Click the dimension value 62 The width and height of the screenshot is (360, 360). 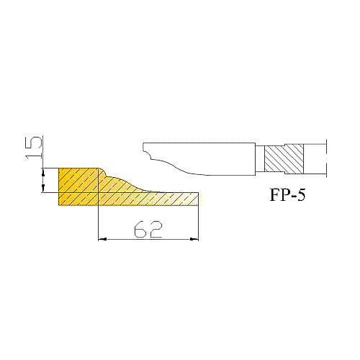point(148,229)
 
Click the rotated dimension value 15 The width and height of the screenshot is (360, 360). point(33,148)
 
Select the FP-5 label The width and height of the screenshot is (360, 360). point(288,194)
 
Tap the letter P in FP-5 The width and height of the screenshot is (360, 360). point(284,194)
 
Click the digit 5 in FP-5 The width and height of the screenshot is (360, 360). point(301,194)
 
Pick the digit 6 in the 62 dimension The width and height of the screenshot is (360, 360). point(140,229)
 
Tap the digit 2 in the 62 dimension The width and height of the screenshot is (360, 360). point(156,229)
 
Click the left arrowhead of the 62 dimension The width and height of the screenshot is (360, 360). point(102,239)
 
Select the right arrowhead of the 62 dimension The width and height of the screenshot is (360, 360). point(194,239)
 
